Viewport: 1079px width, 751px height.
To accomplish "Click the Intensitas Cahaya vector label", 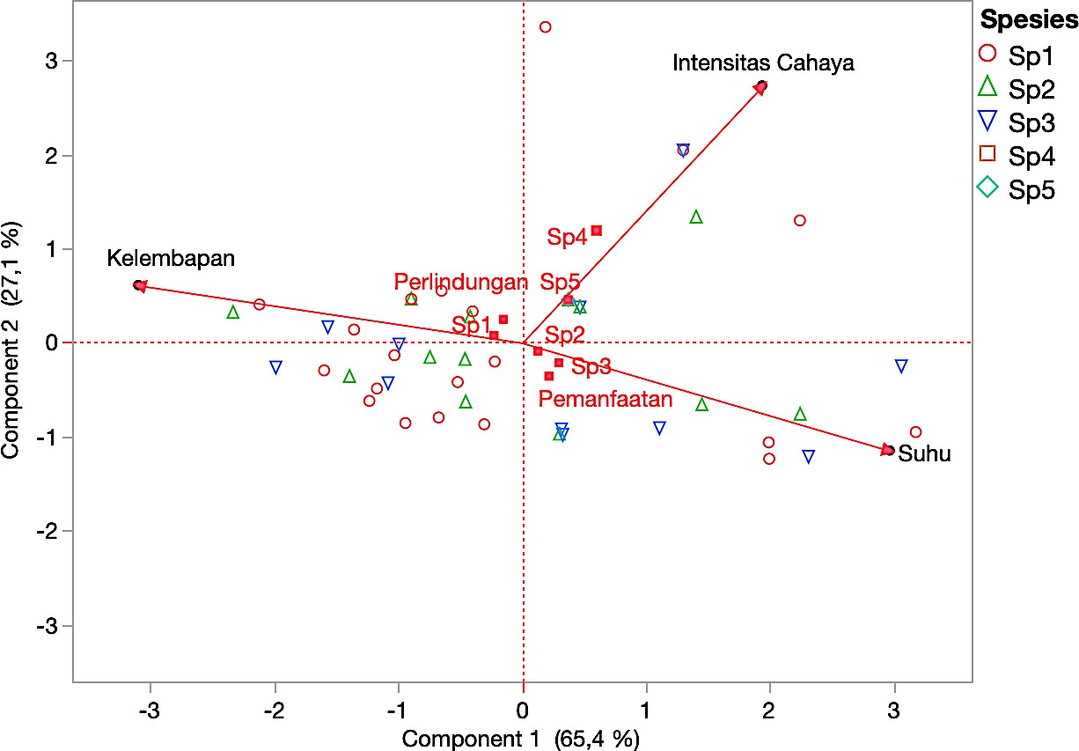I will point(763,63).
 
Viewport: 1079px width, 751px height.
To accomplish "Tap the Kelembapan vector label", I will point(172,259).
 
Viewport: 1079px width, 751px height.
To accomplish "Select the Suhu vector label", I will point(924,455).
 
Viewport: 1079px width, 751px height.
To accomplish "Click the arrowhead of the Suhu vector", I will point(887,450).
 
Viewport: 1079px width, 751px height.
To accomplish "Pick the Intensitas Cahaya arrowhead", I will point(760,88).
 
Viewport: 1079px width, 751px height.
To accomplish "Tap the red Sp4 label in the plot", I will point(567,238).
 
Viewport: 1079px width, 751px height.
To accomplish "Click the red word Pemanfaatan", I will point(606,400).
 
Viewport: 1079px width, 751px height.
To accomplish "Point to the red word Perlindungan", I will point(460,283).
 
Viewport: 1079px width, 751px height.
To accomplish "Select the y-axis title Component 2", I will point(12,342).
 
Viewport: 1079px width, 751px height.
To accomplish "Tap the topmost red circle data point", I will point(545,27).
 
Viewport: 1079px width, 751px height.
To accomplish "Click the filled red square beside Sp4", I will point(597,231).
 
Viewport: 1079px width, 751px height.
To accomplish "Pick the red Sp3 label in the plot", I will point(591,366).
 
